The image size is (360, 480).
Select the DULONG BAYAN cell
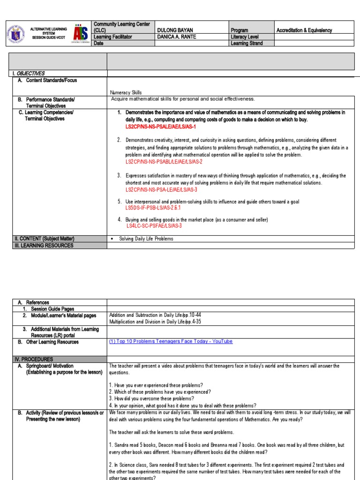(x=175, y=30)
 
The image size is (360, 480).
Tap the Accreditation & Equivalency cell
(x=304, y=30)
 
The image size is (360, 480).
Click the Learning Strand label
(x=247, y=43)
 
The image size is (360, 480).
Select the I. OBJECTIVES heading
(x=29, y=74)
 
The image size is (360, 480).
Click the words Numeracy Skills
(x=126, y=92)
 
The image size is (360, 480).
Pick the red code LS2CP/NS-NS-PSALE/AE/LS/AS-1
(x=160, y=127)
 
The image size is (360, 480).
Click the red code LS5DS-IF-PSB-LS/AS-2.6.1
(x=153, y=207)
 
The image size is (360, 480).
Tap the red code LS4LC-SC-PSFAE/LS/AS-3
(x=154, y=225)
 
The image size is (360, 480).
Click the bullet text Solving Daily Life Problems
(x=146, y=239)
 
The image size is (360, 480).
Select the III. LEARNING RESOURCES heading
(x=44, y=245)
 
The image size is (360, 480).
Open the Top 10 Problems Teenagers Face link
(x=171, y=342)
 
